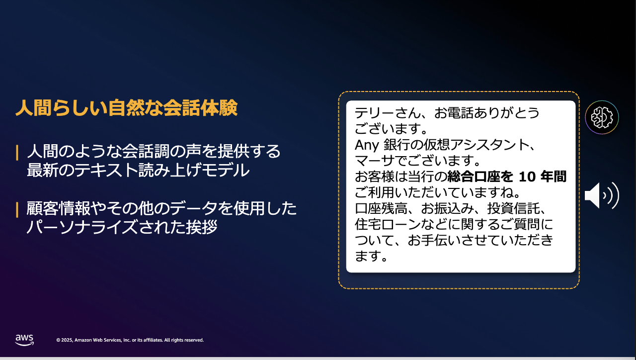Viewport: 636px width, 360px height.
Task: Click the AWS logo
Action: tap(24, 340)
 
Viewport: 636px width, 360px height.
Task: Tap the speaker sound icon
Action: tap(602, 195)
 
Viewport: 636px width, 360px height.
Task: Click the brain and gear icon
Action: tap(602, 117)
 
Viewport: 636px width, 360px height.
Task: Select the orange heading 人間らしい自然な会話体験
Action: tap(126, 108)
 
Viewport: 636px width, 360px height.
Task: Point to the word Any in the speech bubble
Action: tap(367, 145)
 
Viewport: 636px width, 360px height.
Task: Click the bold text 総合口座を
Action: tap(480, 177)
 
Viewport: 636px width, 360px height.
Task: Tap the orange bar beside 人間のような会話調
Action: tap(17, 153)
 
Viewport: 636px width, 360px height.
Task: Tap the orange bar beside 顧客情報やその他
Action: tap(17, 210)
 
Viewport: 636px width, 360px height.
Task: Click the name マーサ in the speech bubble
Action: tap(375, 161)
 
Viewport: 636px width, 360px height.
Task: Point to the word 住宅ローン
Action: tap(388, 224)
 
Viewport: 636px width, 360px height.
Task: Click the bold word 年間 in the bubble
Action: tap(554, 177)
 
